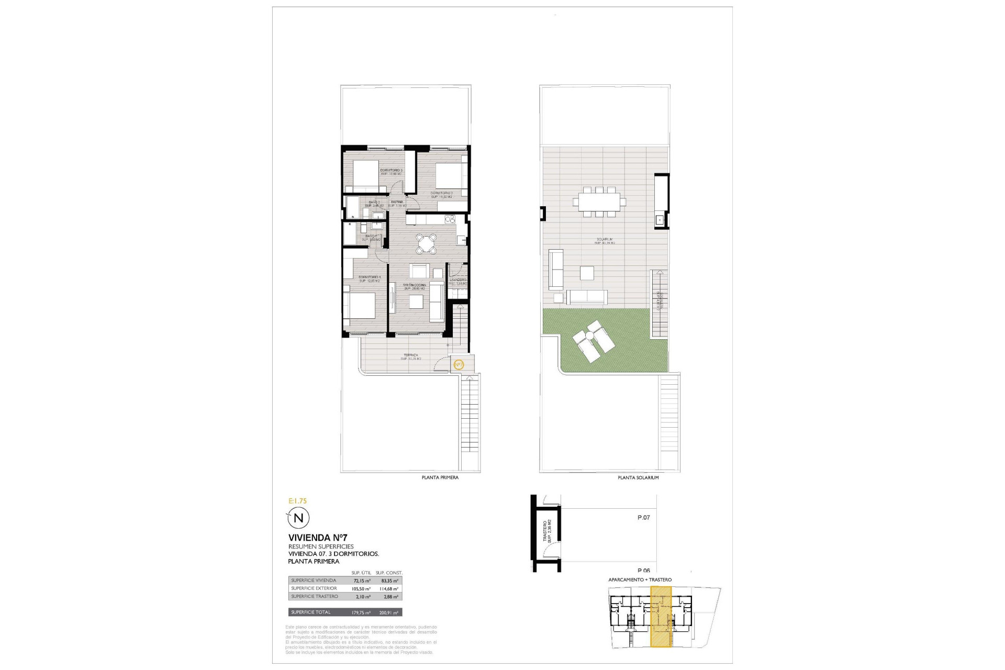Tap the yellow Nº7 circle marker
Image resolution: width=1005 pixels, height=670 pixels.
458,365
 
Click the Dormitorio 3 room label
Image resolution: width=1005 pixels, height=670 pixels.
391,171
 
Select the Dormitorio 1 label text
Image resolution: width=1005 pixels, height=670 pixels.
370,277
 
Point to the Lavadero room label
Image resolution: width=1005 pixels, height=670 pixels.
457,280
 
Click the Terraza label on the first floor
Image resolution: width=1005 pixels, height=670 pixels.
410,355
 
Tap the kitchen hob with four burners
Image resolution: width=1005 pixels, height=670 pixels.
449,219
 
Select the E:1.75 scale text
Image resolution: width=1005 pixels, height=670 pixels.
298,501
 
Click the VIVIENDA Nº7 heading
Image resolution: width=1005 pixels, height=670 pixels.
318,538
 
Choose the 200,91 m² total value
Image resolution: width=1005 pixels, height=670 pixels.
389,612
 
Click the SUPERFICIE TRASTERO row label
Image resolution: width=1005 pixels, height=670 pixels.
315,596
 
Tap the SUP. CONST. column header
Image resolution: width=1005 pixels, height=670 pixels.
389,573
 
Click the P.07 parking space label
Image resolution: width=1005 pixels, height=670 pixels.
643,518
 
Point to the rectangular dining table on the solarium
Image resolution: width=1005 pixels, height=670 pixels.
599,201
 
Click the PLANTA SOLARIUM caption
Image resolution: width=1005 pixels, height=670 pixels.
638,477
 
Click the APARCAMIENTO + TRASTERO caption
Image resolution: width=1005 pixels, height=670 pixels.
640,580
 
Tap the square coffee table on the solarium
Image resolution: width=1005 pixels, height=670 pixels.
587,273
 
